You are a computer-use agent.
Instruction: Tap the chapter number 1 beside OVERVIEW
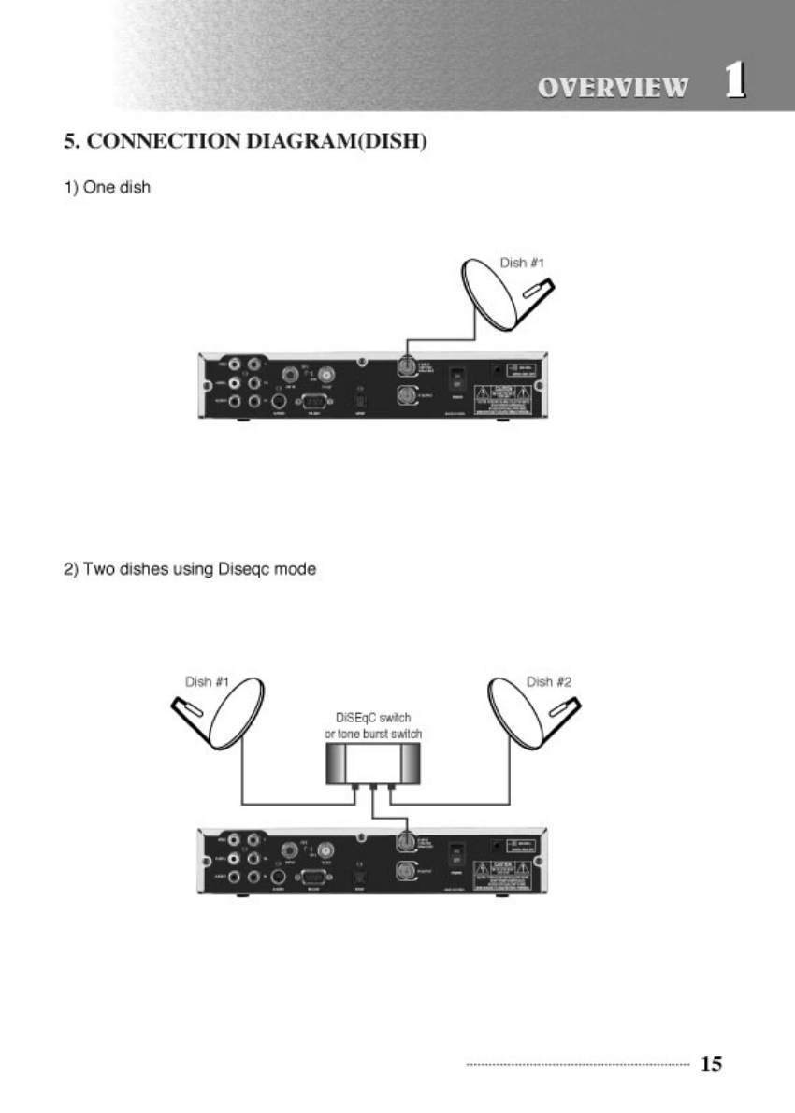coord(736,81)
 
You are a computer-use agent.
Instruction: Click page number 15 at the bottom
coord(711,1063)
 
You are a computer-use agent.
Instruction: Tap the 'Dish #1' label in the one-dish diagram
coord(522,264)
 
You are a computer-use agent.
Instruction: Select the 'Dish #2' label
coord(549,682)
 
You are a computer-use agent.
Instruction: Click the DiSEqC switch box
coord(372,765)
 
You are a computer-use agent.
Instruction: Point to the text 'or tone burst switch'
coord(372,735)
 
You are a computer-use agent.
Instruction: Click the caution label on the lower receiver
coord(509,871)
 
